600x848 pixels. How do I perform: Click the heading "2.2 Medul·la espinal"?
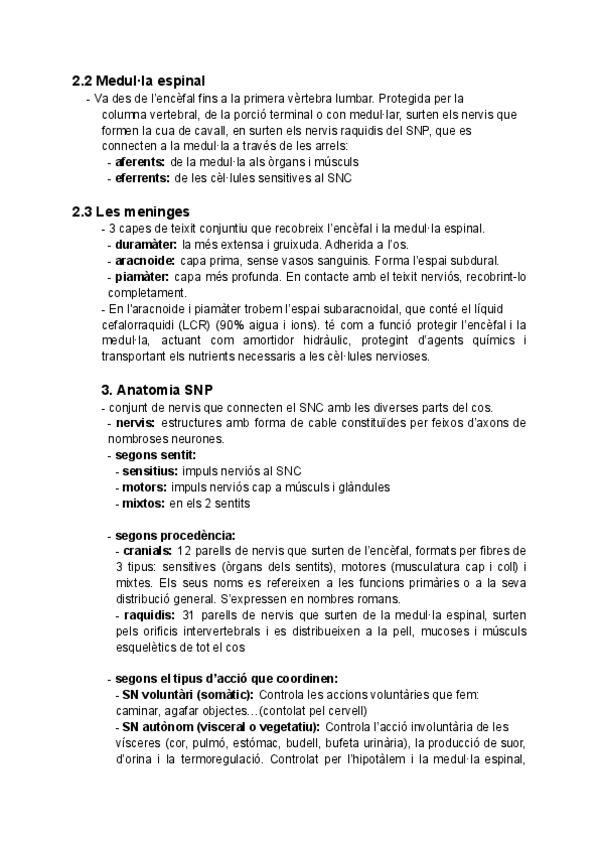pos(145,81)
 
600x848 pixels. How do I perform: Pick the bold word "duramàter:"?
pos(146,244)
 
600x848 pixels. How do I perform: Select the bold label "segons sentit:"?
pos(155,455)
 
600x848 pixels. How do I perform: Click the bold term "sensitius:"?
pos(149,471)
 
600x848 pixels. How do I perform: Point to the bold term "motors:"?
pos(143,487)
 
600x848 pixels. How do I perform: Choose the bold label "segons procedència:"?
pos(175,535)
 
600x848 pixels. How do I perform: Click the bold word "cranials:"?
pos(146,551)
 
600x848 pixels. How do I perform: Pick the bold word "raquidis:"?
pos(146,615)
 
